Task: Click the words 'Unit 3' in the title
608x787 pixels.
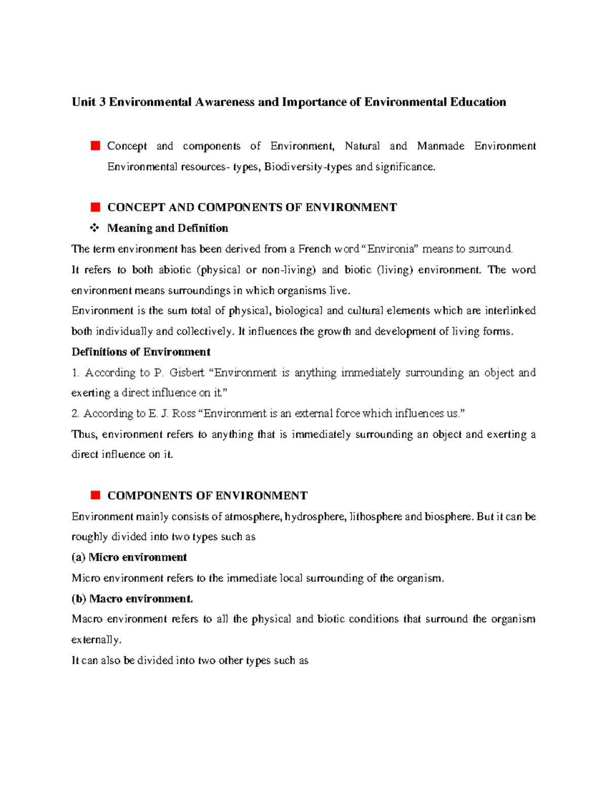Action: tap(89, 102)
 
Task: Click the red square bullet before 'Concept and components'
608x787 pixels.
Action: tap(95, 146)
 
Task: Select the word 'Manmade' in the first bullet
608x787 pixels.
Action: tap(440, 146)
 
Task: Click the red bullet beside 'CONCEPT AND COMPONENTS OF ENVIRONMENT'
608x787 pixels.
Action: tap(95, 207)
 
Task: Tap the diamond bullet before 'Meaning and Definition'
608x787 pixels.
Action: tap(95, 228)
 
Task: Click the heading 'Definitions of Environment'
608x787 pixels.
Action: tap(141, 352)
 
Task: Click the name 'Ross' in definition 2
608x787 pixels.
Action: tap(184, 414)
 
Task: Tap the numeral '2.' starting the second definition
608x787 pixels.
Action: tap(75, 414)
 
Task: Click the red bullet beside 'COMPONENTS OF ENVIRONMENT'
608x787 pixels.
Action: tap(95, 495)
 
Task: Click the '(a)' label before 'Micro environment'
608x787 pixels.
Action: tap(79, 557)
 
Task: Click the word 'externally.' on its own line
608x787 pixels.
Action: tap(97, 640)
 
